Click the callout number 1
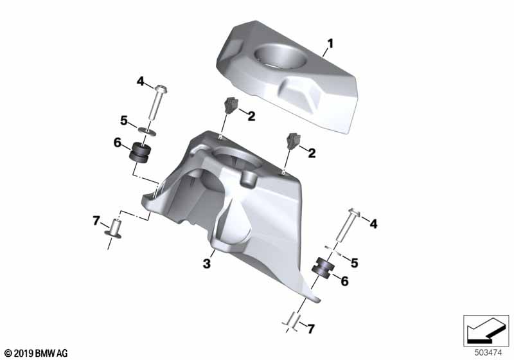click(330, 43)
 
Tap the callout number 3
click(206, 264)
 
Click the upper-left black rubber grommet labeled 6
click(141, 152)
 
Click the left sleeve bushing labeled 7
click(114, 229)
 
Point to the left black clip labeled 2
click(230, 106)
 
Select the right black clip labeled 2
click(294, 141)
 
